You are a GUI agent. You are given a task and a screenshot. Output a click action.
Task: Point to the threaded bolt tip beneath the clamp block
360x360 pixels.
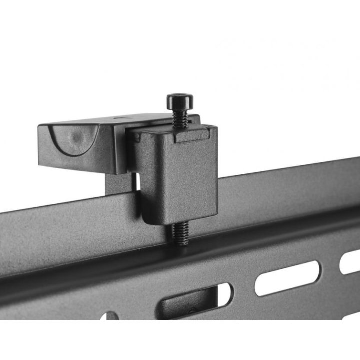pos(181,234)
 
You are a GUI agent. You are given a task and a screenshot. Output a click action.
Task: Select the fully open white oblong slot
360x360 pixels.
pos(287,277)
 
